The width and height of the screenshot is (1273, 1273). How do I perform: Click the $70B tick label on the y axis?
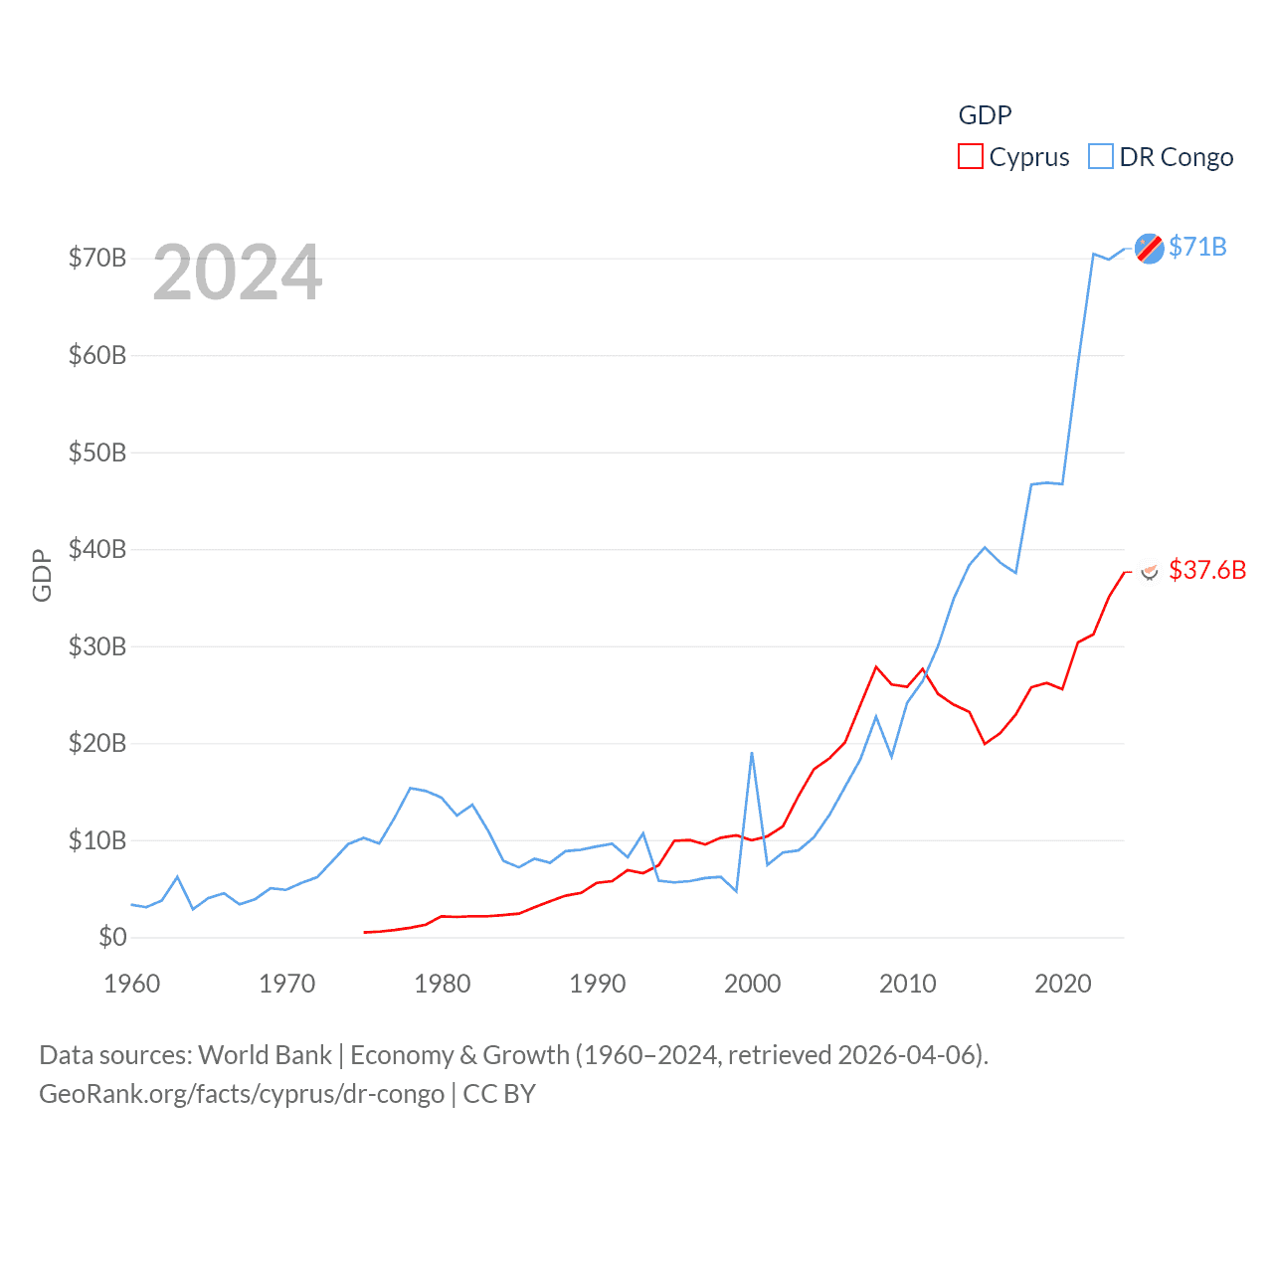click(96, 259)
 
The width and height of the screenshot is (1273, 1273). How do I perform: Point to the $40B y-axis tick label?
click(96, 549)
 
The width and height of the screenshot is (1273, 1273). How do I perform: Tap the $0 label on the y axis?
click(112, 937)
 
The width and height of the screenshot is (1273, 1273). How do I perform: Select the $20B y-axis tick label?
click(96, 743)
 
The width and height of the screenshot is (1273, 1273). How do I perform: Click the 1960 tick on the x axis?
click(131, 984)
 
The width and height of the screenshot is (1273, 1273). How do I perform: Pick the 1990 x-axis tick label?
click(597, 984)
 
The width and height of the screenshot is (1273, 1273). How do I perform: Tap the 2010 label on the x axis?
click(907, 984)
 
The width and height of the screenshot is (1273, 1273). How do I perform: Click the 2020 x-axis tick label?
click(1062, 984)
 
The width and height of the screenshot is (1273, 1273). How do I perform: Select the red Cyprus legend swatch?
click(970, 157)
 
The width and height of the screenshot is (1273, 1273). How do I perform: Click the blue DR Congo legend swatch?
click(1100, 157)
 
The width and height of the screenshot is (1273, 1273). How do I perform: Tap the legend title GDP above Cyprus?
click(985, 115)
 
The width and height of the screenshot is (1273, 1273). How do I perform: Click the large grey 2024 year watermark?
click(238, 273)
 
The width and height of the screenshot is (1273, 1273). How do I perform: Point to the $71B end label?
click(1197, 247)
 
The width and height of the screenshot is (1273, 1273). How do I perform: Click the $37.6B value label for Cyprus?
click(1207, 570)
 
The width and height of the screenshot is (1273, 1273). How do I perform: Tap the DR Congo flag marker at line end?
click(1149, 249)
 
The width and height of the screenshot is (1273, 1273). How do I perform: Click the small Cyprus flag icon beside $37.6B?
click(1150, 571)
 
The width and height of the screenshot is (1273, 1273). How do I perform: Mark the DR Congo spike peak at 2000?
click(752, 753)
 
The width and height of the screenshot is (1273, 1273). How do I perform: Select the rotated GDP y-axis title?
click(42, 575)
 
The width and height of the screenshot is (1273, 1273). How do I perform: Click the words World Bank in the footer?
click(265, 1054)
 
